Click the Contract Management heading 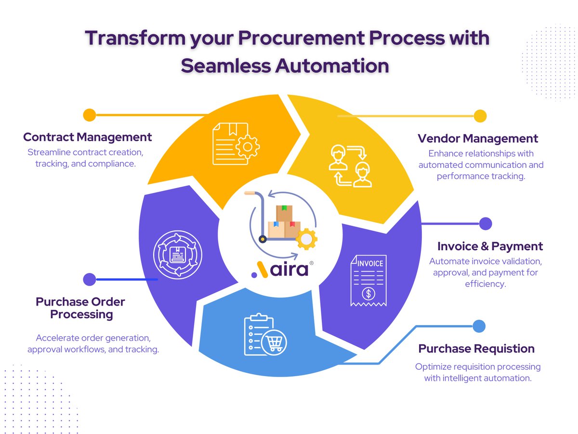(88, 137)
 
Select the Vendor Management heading (478, 139)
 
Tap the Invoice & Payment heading (490, 246)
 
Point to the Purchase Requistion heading (476, 349)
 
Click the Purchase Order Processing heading (80, 308)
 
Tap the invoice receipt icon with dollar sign (368, 280)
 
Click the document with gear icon (235, 144)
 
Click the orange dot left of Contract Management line (90, 115)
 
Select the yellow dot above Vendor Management (480, 116)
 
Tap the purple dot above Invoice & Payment (486, 224)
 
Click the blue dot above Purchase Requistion (479, 326)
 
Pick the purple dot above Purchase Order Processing (89, 279)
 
